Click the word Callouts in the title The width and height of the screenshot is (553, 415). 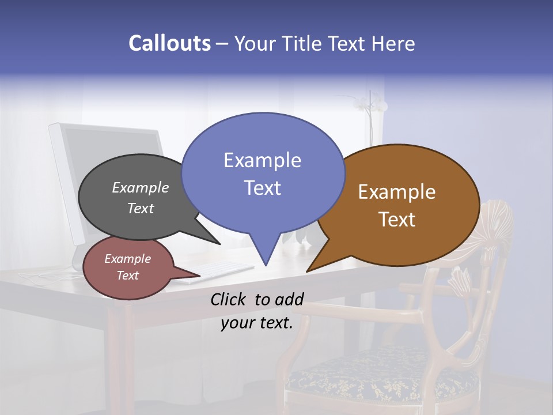coord(169,43)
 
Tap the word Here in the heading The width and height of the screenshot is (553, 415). coord(393,43)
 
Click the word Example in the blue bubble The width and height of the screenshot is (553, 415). coord(262,160)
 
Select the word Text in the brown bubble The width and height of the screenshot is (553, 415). coord(397,220)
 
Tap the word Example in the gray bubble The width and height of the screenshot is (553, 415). coord(141,187)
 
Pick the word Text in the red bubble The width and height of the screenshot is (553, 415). coord(127,276)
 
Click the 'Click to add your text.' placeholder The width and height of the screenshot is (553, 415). coord(257,311)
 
